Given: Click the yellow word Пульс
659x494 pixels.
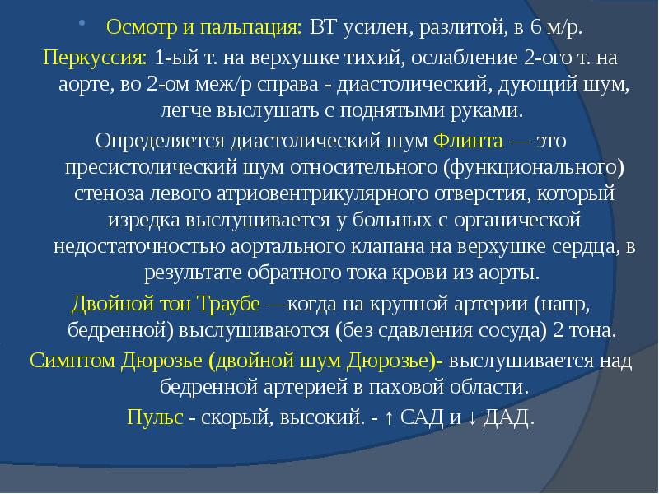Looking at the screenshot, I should tap(155, 417).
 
